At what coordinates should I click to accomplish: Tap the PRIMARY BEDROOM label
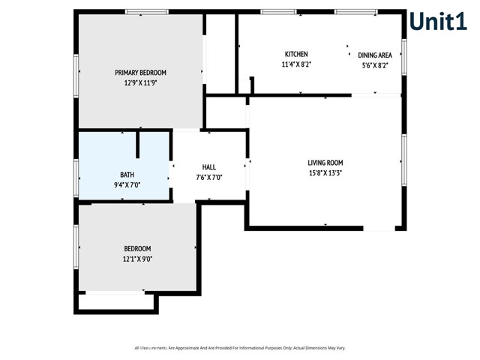click(140, 73)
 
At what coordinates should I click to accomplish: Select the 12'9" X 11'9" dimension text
click(140, 83)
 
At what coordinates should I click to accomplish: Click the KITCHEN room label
click(296, 54)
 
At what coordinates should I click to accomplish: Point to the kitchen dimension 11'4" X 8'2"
click(296, 64)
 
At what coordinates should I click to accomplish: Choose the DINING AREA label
click(375, 55)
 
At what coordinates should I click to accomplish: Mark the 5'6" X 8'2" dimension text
click(375, 65)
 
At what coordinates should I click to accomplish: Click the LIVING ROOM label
click(325, 162)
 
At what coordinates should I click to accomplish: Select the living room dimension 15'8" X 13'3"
click(325, 172)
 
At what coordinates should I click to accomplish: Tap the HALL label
click(209, 167)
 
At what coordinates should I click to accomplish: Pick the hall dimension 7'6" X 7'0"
click(209, 178)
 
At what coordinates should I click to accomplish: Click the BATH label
click(127, 174)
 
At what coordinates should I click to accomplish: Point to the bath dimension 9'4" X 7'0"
click(127, 184)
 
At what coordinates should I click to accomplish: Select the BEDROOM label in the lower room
click(137, 249)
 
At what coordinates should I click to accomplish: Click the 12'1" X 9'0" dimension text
click(137, 259)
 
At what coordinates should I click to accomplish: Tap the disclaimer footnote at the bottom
click(239, 348)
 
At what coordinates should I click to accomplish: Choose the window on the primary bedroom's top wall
click(146, 11)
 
